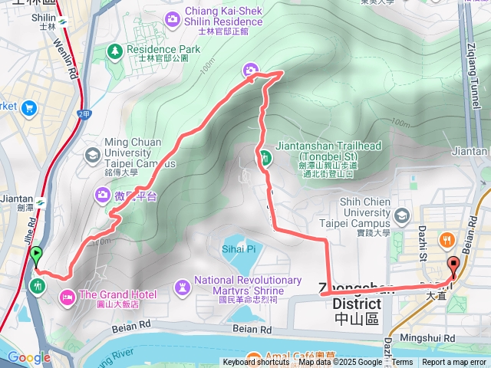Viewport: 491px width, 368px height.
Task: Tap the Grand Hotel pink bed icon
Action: (x=68, y=295)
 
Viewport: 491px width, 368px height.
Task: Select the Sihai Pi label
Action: (x=239, y=248)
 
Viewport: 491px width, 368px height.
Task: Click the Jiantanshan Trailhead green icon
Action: (x=265, y=159)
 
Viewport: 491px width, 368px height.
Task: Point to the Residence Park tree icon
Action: (x=115, y=51)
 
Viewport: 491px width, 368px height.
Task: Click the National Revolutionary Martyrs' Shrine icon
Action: (x=183, y=286)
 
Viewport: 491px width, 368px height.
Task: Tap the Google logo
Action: (x=29, y=357)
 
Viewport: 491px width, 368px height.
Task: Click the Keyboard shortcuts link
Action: (x=255, y=363)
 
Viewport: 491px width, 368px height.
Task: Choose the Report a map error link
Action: (x=453, y=363)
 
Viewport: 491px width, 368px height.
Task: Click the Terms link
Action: (x=403, y=363)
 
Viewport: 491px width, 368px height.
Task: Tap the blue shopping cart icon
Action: (x=30, y=107)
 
